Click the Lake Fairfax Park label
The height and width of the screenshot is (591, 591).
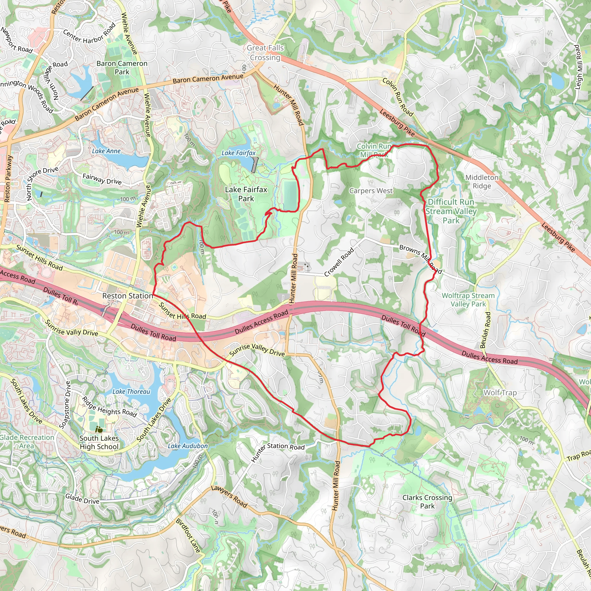coord(246,194)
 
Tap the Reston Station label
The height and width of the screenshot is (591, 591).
coord(128,296)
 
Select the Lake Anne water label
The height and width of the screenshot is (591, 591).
coord(106,151)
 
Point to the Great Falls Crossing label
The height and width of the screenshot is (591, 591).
coord(265,53)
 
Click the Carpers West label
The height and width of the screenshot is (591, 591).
coord(371,190)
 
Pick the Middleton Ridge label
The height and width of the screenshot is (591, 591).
coord(482,182)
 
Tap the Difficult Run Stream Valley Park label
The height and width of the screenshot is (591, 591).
coord(451,211)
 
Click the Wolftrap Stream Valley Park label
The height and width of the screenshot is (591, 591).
coord(468,300)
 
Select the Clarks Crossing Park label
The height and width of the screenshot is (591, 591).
coord(427,502)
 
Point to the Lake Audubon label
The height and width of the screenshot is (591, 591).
coord(188,446)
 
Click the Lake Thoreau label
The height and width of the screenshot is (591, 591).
coord(131,392)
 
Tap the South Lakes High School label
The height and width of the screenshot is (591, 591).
coord(99,442)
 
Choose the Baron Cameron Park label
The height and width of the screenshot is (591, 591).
coord(122,68)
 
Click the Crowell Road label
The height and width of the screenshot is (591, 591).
coord(339,262)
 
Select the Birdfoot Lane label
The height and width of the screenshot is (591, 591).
coord(188,536)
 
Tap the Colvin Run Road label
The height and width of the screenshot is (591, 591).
coord(398,97)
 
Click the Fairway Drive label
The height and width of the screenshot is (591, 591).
coord(102,179)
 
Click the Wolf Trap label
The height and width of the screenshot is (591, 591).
coord(500,392)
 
